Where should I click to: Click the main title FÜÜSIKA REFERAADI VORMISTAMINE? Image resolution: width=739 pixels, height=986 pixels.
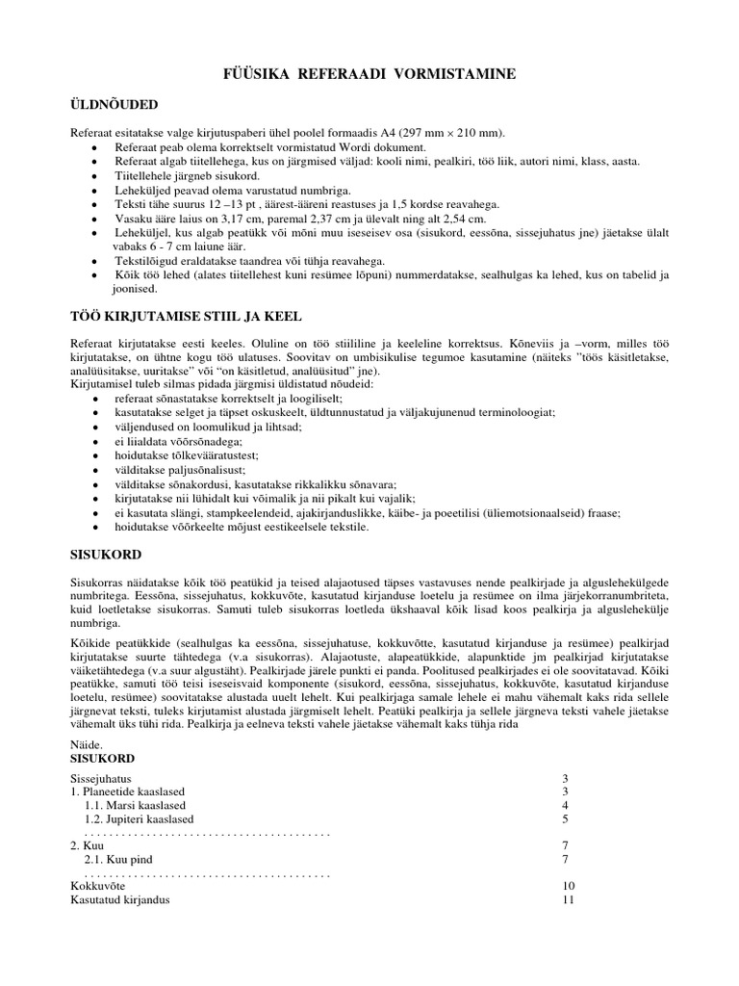[369, 73]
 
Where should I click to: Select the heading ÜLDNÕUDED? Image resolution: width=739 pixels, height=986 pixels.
[115, 103]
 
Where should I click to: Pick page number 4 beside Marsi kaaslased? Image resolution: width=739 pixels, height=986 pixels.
[565, 805]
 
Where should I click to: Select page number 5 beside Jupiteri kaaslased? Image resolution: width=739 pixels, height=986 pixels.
[565, 819]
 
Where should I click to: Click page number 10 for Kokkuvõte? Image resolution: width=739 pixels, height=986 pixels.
[568, 886]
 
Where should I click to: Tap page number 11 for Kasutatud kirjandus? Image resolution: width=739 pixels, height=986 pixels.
[568, 899]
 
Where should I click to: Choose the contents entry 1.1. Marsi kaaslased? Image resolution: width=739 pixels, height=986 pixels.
[135, 805]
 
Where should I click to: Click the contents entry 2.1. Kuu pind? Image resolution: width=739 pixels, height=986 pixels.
[118, 859]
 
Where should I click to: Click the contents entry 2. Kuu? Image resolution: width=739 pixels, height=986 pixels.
[88, 844]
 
